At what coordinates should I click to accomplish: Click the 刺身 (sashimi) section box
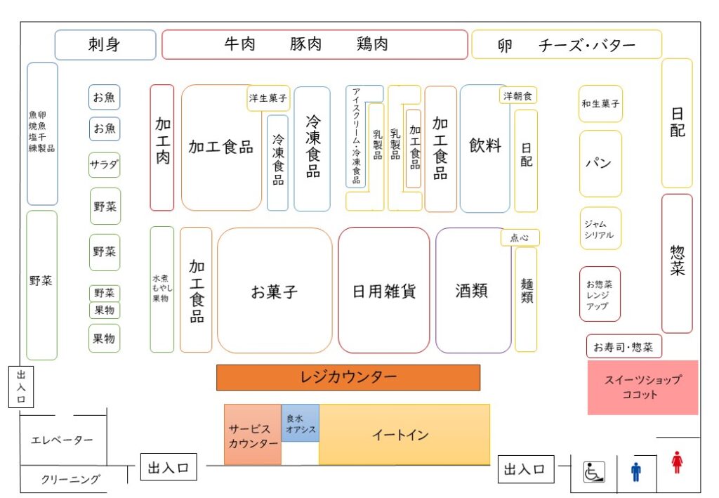click(x=105, y=45)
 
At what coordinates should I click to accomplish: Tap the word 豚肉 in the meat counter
click(x=306, y=45)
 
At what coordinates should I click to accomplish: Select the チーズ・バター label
click(x=587, y=46)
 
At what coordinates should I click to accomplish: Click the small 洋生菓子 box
click(x=268, y=98)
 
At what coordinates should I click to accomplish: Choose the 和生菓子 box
click(x=600, y=104)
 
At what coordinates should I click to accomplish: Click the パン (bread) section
click(x=600, y=164)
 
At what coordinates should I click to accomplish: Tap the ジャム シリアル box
click(x=600, y=229)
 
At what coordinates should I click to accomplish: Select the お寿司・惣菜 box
click(x=624, y=346)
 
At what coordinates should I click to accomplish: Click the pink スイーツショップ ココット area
click(x=642, y=388)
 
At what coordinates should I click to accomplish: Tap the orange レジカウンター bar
click(x=348, y=378)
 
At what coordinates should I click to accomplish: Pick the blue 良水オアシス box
click(x=301, y=424)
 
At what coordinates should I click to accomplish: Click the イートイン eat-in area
click(x=404, y=435)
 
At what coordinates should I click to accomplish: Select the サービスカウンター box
click(x=253, y=435)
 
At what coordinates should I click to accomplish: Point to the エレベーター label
click(x=62, y=440)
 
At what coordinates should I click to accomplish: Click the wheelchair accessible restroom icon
click(x=594, y=471)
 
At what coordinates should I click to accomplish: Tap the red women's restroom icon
click(x=677, y=463)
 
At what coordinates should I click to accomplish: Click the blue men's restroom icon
click(x=636, y=471)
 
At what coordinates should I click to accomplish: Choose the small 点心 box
click(x=520, y=237)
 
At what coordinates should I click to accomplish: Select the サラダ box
click(x=104, y=166)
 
